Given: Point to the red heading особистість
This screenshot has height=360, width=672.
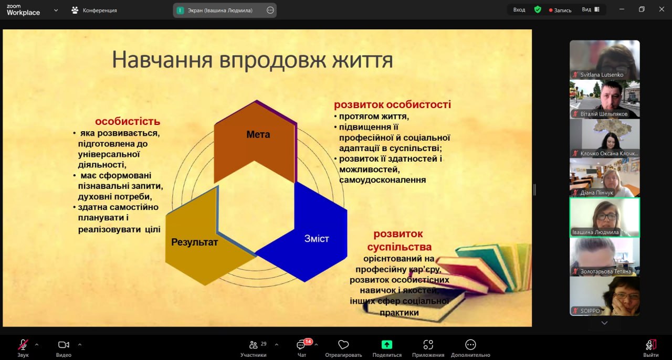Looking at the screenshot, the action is click(x=128, y=121).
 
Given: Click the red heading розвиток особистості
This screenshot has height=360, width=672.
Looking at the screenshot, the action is click(x=392, y=104).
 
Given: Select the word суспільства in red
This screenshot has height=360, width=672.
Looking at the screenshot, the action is click(x=400, y=247).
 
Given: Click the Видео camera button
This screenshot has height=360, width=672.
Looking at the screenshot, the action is click(x=64, y=348).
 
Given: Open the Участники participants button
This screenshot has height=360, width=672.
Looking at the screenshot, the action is click(x=254, y=348).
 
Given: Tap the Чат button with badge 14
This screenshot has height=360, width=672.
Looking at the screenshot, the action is click(x=301, y=348).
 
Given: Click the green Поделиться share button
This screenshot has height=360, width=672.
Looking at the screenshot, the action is click(x=387, y=348).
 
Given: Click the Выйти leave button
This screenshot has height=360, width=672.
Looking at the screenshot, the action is click(x=650, y=348).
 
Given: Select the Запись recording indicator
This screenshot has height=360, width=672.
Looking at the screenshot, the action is click(x=560, y=10).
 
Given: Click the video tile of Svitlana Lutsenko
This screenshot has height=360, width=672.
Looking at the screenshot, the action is click(x=604, y=60).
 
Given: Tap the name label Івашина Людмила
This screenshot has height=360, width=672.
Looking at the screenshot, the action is click(x=595, y=232).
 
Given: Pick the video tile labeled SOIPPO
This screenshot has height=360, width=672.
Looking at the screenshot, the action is click(x=604, y=296).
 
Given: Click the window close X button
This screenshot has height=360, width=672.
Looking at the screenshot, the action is click(x=661, y=9).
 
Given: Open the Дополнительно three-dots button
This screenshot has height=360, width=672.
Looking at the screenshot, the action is click(x=470, y=348).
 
